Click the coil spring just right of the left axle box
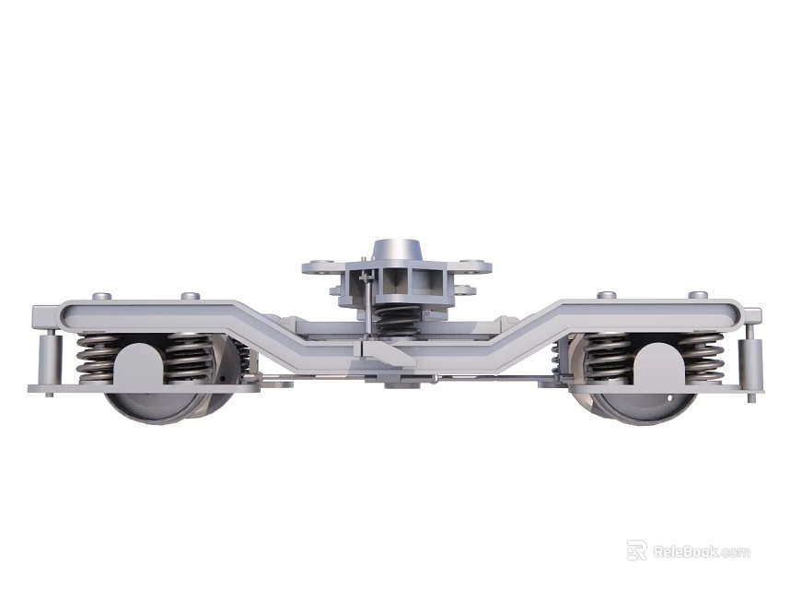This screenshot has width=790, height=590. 190,358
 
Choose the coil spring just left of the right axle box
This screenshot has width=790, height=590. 606,358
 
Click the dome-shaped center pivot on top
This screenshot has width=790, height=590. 396,250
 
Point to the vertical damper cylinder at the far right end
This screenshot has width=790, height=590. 753,356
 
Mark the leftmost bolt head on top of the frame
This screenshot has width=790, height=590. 102,296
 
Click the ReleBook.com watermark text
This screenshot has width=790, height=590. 702,552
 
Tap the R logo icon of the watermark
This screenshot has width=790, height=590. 636,550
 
